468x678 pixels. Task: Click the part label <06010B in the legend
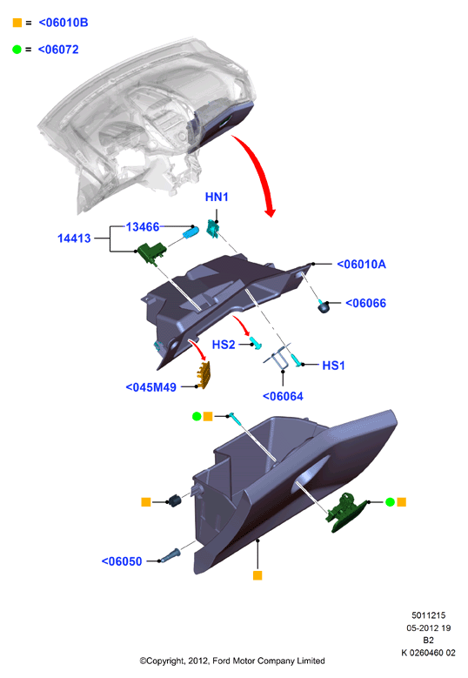coord(64,23)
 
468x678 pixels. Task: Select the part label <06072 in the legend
coord(58,50)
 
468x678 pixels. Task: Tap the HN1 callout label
coord(217,198)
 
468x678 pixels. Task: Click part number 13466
coord(143,226)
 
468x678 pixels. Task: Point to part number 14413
coord(74,238)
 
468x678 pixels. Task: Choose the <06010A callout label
coord(361,264)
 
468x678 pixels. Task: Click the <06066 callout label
coord(365,303)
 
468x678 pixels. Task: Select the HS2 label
coord(224,345)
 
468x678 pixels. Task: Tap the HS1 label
coord(334,366)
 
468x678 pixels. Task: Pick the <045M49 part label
coord(150,387)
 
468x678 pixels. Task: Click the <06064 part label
coord(283,396)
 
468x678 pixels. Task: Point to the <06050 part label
coord(122,561)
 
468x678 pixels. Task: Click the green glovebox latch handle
coord(346,512)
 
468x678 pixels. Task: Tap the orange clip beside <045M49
coord(204,374)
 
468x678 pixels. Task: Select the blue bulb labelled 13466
coord(191,232)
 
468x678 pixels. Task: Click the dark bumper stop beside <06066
coord(324,307)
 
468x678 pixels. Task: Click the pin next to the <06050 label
coord(170,555)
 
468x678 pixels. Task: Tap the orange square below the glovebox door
coord(257,575)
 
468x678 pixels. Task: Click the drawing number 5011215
coord(428,614)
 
